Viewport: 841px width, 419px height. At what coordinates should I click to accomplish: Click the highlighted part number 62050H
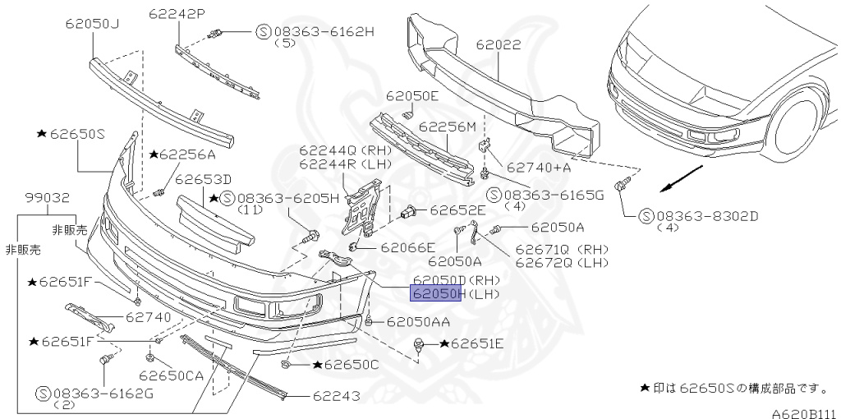point(438,293)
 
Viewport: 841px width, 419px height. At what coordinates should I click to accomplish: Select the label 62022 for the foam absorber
point(498,46)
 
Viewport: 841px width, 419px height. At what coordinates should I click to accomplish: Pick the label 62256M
point(448,127)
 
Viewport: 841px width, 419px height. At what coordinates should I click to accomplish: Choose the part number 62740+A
point(538,168)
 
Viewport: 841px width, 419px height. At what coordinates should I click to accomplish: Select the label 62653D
point(203,179)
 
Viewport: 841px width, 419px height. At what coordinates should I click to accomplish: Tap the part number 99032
point(46,198)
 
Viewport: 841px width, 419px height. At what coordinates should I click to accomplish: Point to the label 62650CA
point(170,375)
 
